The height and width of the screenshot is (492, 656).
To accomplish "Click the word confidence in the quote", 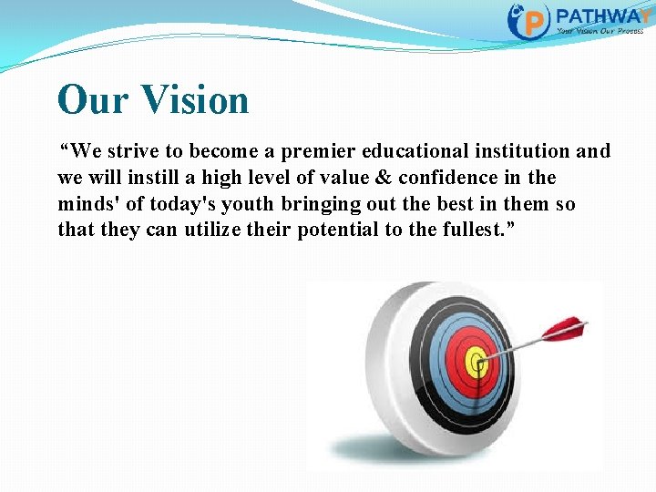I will click(x=442, y=178).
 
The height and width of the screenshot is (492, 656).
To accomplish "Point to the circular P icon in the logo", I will click(x=530, y=20).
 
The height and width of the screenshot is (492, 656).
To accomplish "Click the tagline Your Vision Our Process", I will click(x=600, y=30).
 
